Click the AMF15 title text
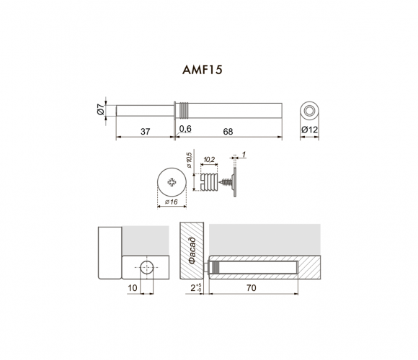pos(203,70)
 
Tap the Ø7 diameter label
pos(100,109)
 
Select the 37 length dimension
pos(146,132)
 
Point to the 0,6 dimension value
pos(185,129)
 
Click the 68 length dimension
pos(228,132)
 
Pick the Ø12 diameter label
pos(309,130)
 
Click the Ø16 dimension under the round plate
pos(171,202)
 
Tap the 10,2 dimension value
pos(209,160)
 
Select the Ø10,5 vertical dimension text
pos(189,160)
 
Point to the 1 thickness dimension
pos(244,154)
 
